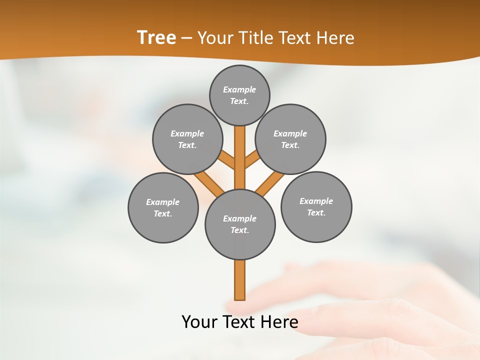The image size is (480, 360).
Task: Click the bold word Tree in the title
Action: [x=156, y=37]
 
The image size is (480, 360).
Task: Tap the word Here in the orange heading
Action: [x=334, y=37]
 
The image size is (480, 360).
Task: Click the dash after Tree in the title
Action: [x=186, y=38]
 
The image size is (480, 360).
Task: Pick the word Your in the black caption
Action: [x=199, y=322]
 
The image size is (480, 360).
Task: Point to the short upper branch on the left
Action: [x=227, y=160]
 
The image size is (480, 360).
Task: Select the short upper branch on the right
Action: [x=252, y=160]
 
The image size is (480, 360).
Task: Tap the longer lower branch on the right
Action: [x=270, y=183]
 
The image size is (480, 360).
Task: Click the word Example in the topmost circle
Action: [x=239, y=89]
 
